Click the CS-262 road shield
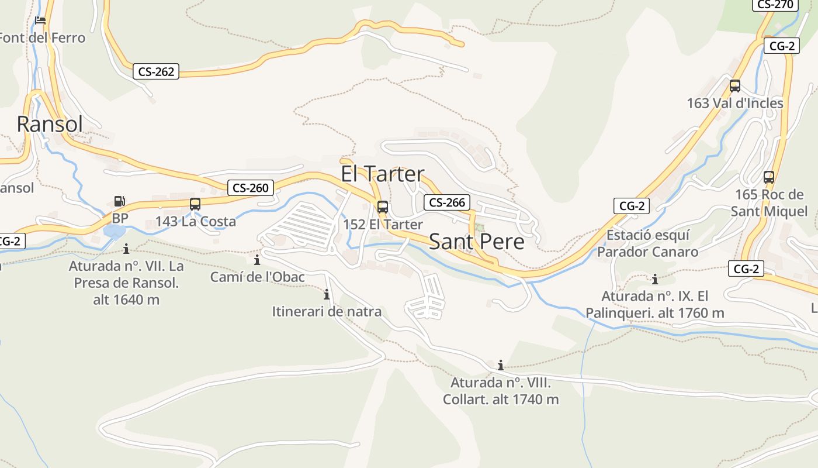point(155,71)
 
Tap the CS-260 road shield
point(251,188)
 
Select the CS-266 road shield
point(447,202)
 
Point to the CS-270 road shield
point(775,5)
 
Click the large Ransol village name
point(50,124)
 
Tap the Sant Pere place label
point(477,242)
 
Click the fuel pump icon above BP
point(119,201)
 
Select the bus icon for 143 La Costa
point(195,204)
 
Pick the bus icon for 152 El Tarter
point(383,207)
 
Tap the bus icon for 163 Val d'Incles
point(735,86)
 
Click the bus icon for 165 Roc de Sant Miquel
point(769,177)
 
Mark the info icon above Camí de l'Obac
point(257,260)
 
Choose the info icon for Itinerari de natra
point(327,294)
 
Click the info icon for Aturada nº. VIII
point(501,366)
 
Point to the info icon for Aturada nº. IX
point(655,279)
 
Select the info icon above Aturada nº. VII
point(126,249)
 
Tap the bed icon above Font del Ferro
point(40,20)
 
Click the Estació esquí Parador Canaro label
point(647,243)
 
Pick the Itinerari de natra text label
point(327,312)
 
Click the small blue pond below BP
point(114,231)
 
